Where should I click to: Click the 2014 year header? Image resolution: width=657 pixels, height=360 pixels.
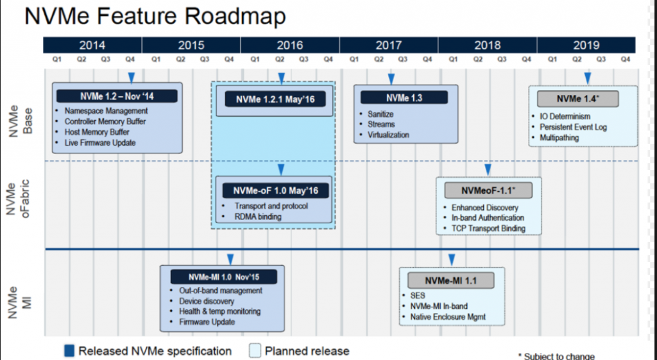click(x=92, y=45)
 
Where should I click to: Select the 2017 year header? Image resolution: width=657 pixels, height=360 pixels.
click(x=388, y=45)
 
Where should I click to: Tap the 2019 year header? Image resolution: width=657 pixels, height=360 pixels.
click(x=586, y=45)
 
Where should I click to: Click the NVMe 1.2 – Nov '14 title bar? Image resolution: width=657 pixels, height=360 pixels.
click(x=117, y=96)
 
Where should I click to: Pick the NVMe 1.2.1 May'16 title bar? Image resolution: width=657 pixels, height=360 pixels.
click(x=275, y=99)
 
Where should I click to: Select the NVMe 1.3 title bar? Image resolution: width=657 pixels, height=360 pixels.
click(x=404, y=98)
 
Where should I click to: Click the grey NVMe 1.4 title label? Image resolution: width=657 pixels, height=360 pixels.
click(x=578, y=99)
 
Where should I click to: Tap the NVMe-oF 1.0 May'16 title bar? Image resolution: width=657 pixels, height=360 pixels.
click(x=275, y=191)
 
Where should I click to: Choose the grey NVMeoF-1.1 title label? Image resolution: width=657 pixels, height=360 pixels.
click(x=488, y=191)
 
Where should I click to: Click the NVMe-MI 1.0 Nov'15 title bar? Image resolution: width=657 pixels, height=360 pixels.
click(x=224, y=277)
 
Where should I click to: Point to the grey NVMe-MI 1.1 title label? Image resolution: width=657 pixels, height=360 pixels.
click(x=451, y=280)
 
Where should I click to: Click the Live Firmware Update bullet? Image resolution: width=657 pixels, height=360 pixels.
click(x=99, y=143)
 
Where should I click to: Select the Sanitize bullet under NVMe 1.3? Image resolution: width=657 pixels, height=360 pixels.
click(x=380, y=114)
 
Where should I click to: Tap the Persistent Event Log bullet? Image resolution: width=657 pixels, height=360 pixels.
click(x=573, y=127)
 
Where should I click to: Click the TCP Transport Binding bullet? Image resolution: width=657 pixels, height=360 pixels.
click(x=488, y=228)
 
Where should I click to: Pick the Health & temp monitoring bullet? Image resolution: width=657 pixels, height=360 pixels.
click(x=219, y=311)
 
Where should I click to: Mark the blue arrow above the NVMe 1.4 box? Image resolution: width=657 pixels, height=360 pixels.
click(x=588, y=78)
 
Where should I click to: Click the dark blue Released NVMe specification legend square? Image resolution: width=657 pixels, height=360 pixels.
click(x=69, y=350)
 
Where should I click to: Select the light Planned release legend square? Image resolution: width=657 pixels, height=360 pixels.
click(x=255, y=350)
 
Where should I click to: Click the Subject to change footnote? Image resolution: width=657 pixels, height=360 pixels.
click(x=556, y=356)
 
